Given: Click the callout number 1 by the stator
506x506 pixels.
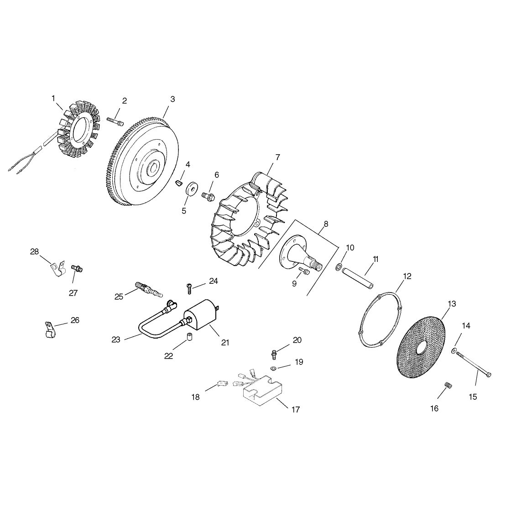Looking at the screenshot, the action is (x=53, y=98).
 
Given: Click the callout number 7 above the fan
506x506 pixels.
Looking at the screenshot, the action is (x=277, y=157).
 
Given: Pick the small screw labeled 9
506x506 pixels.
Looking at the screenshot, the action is (x=305, y=271).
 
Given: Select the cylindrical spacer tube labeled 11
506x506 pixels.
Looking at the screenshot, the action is (x=358, y=277).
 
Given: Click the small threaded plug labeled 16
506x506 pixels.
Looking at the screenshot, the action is (x=447, y=384).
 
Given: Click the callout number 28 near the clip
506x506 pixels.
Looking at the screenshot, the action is (x=34, y=252).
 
